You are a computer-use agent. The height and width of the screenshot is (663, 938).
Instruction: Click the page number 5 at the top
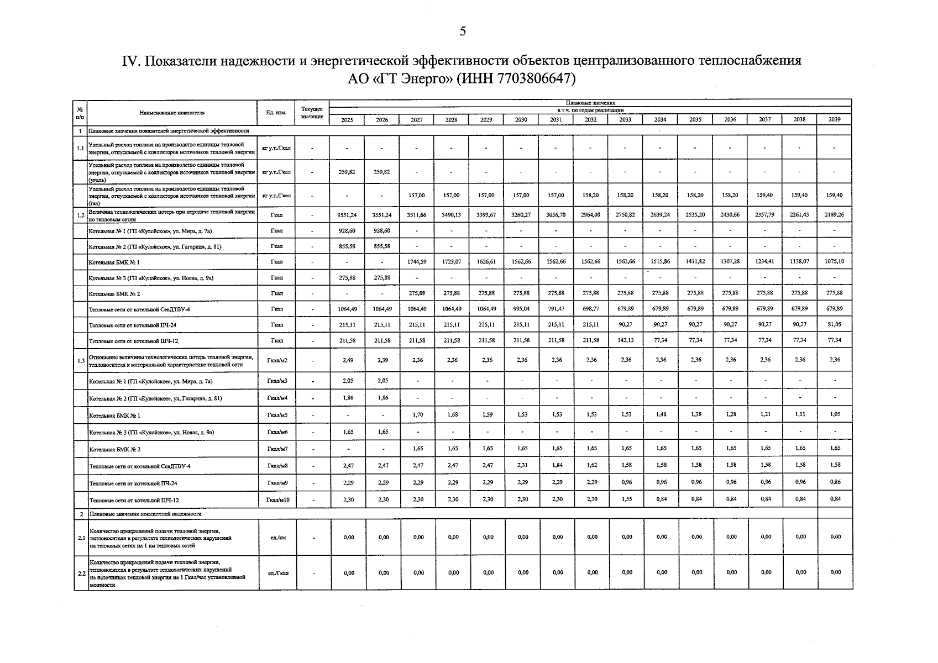click(463, 31)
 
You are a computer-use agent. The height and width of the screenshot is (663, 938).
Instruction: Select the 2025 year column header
click(347, 120)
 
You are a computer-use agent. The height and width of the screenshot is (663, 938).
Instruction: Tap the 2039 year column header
click(834, 120)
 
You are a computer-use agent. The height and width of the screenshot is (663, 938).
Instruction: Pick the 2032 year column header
click(591, 120)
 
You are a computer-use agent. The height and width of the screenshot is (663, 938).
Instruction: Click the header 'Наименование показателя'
click(172, 113)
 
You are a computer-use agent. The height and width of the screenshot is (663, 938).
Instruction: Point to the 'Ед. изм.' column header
click(276, 113)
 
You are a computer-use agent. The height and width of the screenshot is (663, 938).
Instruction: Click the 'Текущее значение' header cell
click(312, 113)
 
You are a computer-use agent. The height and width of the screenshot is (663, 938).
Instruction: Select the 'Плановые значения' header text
click(590, 103)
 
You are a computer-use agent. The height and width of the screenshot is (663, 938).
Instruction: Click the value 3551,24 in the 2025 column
click(347, 215)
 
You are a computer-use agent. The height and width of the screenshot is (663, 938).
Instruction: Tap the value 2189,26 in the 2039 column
click(834, 215)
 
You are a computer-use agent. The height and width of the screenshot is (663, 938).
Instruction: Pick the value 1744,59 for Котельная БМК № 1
click(417, 261)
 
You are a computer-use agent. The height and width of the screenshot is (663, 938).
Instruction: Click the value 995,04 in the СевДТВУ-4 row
click(521, 309)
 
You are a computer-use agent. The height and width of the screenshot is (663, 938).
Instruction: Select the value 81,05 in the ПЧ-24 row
click(835, 324)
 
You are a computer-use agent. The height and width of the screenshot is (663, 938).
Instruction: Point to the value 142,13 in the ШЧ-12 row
click(626, 340)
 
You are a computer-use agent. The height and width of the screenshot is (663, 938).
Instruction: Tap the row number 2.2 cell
click(81, 573)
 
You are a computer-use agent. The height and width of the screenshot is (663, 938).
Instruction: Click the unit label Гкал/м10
click(277, 500)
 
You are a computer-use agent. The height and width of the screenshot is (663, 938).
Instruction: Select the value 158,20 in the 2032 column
click(591, 195)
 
